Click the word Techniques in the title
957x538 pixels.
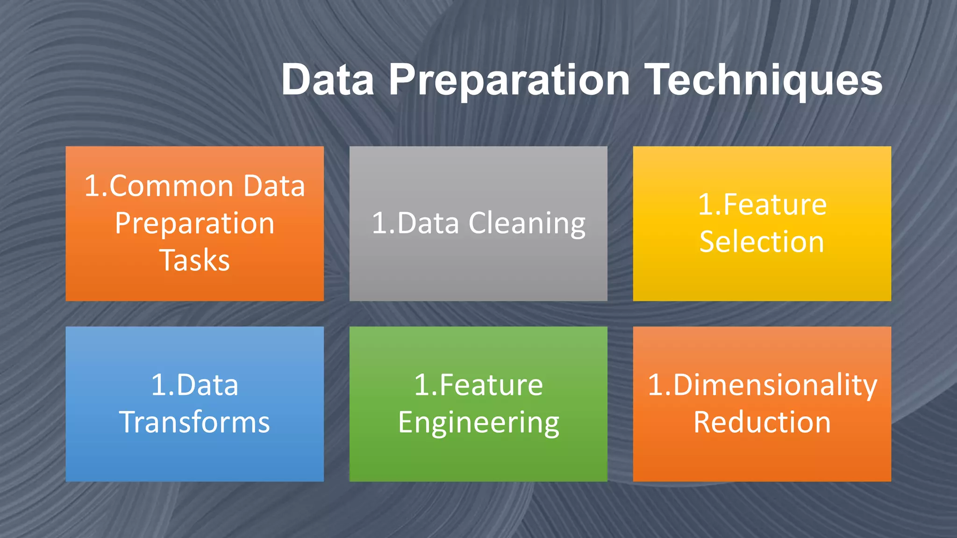click(x=764, y=80)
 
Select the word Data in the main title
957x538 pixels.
click(x=328, y=80)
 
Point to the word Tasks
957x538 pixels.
click(x=194, y=260)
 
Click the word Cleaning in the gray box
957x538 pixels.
click(x=527, y=223)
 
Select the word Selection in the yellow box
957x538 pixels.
click(x=762, y=242)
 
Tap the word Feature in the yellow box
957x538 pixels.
click(x=775, y=205)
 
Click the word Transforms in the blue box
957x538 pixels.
click(x=194, y=422)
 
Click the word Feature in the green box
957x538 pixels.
click(x=491, y=385)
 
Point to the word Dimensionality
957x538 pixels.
click(x=775, y=386)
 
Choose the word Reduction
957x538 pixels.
click(x=762, y=422)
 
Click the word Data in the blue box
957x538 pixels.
click(x=207, y=385)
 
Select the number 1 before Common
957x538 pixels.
click(x=92, y=186)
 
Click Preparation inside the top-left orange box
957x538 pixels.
click(x=194, y=223)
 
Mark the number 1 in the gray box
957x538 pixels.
click(x=380, y=223)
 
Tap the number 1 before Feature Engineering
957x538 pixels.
click(x=422, y=385)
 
